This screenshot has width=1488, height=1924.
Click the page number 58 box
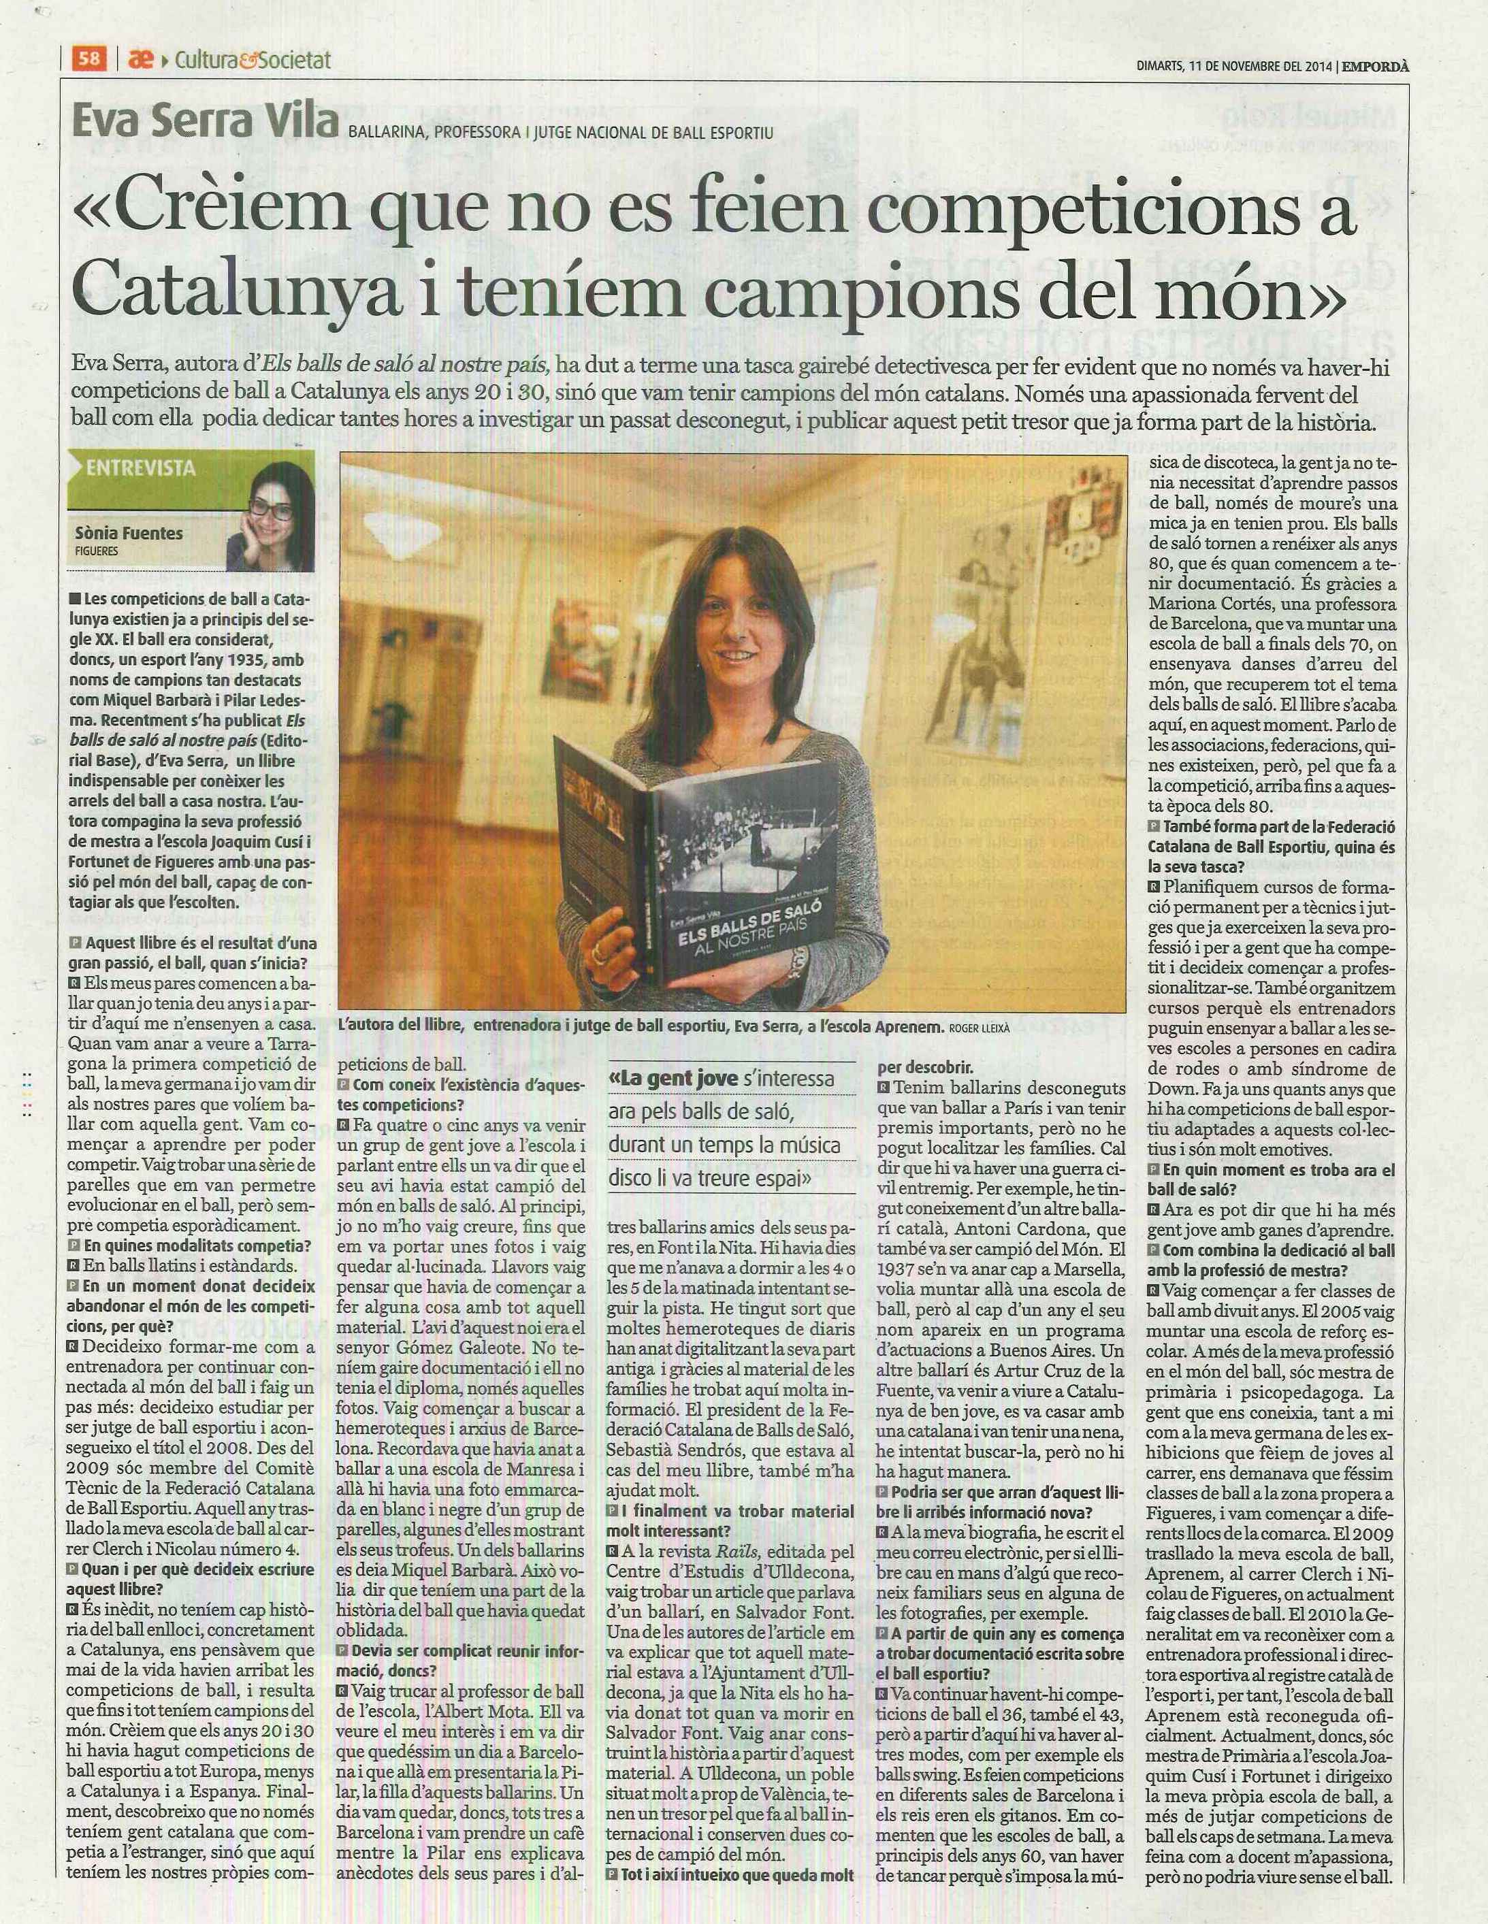(x=89, y=59)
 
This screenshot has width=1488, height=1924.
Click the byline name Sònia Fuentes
(x=129, y=533)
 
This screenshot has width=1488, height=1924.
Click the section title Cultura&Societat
(x=253, y=60)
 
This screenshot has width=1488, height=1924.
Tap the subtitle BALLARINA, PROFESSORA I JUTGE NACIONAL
(x=560, y=132)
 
